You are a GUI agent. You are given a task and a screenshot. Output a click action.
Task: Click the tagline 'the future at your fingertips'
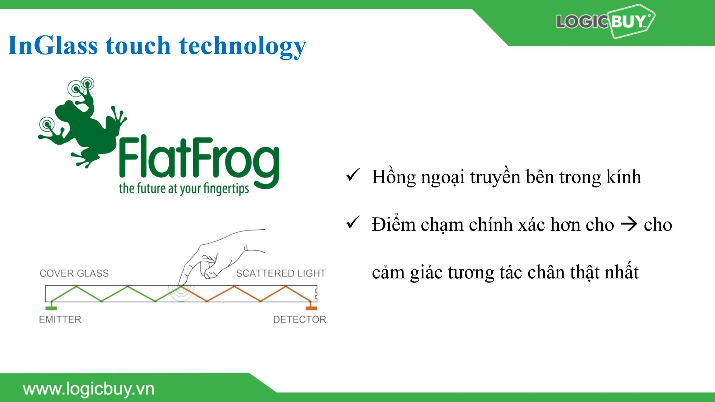tap(184, 189)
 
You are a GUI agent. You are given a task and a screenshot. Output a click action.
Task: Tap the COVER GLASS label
tap(74, 273)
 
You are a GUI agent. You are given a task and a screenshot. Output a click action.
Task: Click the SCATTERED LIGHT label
tap(281, 273)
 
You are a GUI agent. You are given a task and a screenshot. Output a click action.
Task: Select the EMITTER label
tap(60, 319)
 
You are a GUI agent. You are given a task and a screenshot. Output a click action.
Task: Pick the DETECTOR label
tap(300, 319)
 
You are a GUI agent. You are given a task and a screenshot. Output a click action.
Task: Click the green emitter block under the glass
tap(51, 308)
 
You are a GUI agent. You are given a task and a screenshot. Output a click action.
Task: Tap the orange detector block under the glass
tap(311, 308)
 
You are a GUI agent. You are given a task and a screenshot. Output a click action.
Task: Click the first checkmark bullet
tap(353, 175)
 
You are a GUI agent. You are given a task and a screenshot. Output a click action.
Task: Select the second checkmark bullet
tap(353, 222)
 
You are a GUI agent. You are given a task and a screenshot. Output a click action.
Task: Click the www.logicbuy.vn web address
tap(89, 389)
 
